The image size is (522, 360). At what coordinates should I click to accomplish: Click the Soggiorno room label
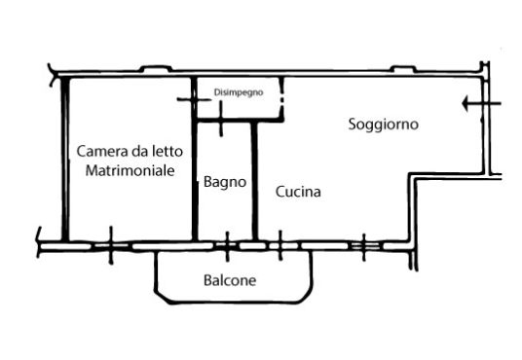(383, 125)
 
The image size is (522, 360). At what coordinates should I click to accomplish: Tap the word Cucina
(298, 192)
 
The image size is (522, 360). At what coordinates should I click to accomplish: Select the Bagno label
(225, 182)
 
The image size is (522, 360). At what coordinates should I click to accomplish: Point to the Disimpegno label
(239, 92)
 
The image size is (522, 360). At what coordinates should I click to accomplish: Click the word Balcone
(230, 280)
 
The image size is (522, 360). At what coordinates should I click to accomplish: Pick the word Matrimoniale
(130, 170)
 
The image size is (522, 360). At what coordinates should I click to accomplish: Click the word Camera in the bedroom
(102, 151)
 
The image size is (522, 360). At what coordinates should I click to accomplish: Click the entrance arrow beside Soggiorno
(481, 103)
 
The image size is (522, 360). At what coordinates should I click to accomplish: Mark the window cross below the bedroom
(111, 245)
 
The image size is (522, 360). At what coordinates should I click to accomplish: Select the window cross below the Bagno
(227, 246)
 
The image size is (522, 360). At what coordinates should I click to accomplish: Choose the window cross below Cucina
(280, 246)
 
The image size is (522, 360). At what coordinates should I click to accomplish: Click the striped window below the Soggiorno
(364, 246)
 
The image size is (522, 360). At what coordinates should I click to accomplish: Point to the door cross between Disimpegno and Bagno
(221, 119)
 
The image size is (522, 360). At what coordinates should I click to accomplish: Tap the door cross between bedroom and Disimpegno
(194, 99)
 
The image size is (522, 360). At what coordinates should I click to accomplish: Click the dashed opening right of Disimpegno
(282, 99)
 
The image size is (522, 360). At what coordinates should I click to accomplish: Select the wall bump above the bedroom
(156, 69)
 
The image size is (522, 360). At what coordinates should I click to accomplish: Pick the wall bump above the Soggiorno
(403, 69)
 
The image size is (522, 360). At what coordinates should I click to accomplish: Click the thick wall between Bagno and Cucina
(254, 181)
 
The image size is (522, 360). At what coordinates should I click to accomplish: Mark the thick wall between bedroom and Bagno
(195, 159)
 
